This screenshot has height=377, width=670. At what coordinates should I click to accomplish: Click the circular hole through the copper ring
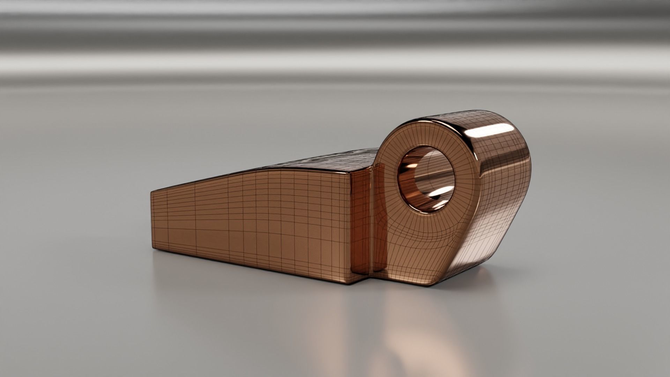click(x=426, y=179)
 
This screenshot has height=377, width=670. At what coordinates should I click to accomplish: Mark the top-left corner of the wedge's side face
click(x=151, y=192)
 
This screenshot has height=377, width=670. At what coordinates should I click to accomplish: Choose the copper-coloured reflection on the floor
click(x=412, y=335)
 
